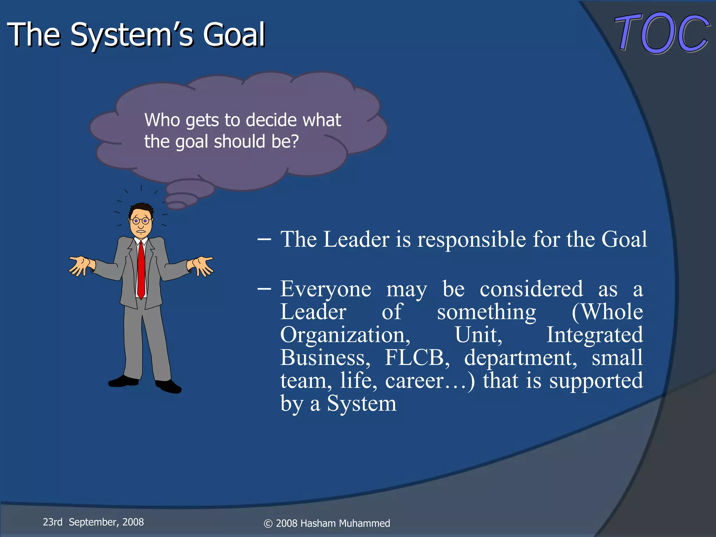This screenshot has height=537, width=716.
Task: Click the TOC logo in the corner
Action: pyautogui.click(x=662, y=33)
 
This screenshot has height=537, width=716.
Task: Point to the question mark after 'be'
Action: pyautogui.click(x=295, y=142)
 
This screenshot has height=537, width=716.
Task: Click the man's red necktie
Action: pyautogui.click(x=141, y=270)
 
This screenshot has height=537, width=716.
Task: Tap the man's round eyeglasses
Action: pyautogui.click(x=141, y=221)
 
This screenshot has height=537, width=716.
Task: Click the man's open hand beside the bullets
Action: pyautogui.click(x=201, y=265)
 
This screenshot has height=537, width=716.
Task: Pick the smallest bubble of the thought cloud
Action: pyautogui.click(x=177, y=205)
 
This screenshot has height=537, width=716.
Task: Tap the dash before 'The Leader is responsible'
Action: pyautogui.click(x=264, y=239)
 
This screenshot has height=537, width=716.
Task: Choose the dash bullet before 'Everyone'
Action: pyautogui.click(x=264, y=289)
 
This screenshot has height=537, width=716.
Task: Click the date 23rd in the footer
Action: pyautogui.click(x=52, y=522)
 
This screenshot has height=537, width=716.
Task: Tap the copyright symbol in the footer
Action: pyautogui.click(x=268, y=524)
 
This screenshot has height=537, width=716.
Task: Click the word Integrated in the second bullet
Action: pyautogui.click(x=594, y=335)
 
